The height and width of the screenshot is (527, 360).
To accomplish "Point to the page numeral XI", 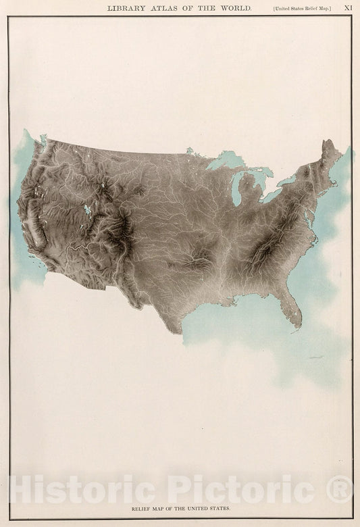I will point(349,8).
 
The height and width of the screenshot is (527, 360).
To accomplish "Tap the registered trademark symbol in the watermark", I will point(340,488).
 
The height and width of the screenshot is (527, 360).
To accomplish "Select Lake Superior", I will point(226,161).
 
